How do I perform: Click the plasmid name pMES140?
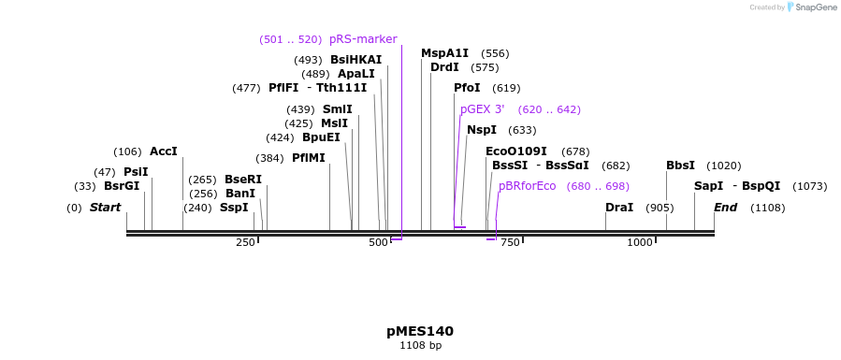click(419, 331)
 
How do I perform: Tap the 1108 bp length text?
click(419, 346)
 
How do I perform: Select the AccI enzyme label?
click(163, 151)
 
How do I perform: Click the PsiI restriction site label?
click(136, 172)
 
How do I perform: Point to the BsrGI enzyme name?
click(122, 186)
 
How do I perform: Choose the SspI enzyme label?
click(234, 208)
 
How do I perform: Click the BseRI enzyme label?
click(243, 180)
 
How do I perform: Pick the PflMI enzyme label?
click(309, 158)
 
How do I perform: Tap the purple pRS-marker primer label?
click(363, 39)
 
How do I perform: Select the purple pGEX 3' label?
click(483, 109)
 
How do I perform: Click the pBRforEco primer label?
click(527, 186)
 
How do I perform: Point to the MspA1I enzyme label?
click(444, 53)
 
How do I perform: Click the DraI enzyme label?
click(619, 208)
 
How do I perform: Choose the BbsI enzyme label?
click(680, 166)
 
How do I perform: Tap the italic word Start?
click(105, 208)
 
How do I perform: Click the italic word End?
click(726, 208)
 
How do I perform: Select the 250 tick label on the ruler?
click(245, 243)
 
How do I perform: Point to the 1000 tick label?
click(640, 243)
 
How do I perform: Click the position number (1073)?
click(809, 186)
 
